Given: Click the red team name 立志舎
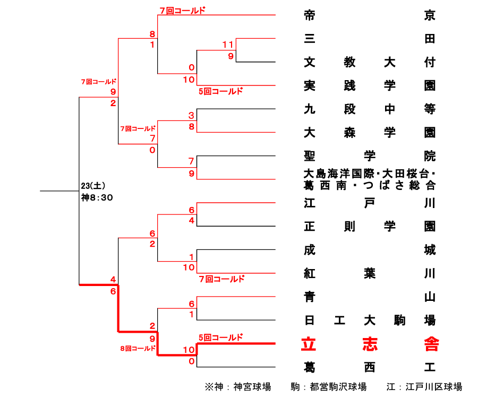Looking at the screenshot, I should click(x=370, y=344).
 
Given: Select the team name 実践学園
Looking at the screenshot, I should click(x=370, y=85).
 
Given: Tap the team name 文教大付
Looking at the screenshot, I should click(x=370, y=62).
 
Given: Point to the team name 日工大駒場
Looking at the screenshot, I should click(x=370, y=321).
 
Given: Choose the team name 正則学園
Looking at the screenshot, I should click(x=370, y=227).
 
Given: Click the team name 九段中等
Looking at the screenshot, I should click(x=370, y=109).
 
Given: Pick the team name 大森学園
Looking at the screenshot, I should click(x=370, y=132).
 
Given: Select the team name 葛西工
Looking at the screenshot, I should click(x=370, y=367).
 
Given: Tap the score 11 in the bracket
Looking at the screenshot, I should click(x=228, y=44).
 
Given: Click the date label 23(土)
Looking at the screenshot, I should click(x=93, y=186).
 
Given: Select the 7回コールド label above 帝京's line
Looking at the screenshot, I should click(x=182, y=10).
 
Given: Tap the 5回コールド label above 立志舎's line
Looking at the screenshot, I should click(x=220, y=337).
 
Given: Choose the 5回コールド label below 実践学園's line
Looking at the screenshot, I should click(x=220, y=91).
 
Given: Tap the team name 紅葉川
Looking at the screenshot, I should click(x=370, y=273).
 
